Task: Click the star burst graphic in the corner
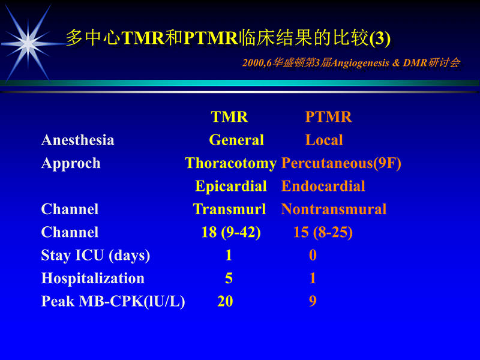28,41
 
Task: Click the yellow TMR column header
229,117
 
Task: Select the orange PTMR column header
328,117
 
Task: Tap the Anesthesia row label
77,140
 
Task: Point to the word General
236,140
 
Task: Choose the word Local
324,140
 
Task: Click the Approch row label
71,163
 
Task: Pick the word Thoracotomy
230,163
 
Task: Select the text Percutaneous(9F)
341,163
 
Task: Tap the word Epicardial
231,187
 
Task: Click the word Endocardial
323,187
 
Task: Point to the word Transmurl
229,209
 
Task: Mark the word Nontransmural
334,209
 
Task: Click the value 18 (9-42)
231,232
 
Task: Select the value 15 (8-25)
323,232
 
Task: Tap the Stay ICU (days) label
95,256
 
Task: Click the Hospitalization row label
92,278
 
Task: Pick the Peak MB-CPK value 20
225,302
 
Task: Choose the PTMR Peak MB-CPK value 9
313,302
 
